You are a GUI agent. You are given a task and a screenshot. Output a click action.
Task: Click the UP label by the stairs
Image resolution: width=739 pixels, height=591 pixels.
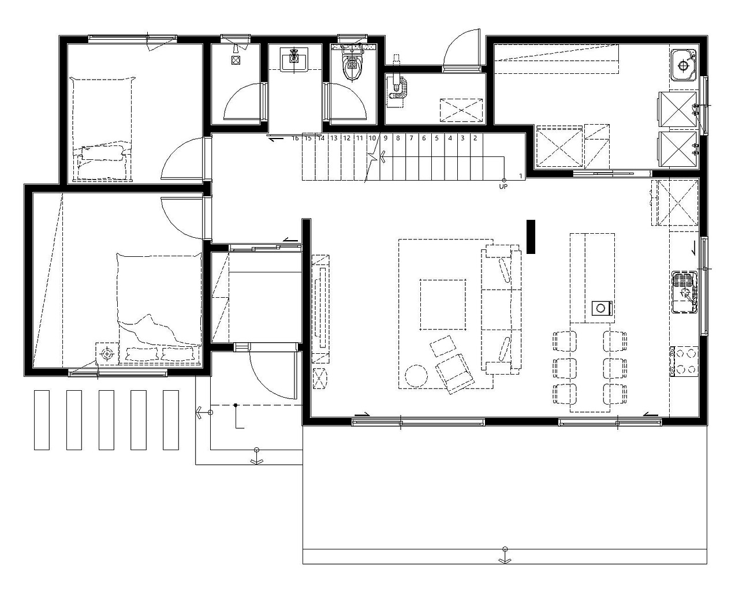click(x=503, y=186)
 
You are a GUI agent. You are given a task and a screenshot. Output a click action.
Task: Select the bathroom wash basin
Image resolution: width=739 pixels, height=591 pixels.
click(x=294, y=60)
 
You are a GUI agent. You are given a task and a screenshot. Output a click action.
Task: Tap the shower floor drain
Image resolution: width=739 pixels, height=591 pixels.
click(x=235, y=59)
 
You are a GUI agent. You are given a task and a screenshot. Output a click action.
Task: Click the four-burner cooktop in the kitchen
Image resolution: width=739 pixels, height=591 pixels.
click(x=684, y=362)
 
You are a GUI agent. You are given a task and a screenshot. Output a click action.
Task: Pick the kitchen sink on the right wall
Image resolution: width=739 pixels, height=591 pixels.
click(x=685, y=292)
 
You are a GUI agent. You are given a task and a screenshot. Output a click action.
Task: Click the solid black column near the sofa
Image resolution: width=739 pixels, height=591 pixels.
click(x=531, y=237)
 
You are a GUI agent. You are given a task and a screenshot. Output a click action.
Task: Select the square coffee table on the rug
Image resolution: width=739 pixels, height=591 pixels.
click(x=443, y=305)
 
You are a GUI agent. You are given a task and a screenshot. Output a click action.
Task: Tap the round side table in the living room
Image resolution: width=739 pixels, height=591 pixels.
click(x=416, y=376)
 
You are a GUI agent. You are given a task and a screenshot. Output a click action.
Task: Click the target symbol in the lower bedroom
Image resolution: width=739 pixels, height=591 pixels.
click(x=107, y=353)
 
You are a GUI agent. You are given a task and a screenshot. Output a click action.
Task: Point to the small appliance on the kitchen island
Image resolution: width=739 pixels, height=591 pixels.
click(x=601, y=308)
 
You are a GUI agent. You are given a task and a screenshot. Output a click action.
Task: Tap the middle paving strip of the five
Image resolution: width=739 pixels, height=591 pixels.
click(x=106, y=420)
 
